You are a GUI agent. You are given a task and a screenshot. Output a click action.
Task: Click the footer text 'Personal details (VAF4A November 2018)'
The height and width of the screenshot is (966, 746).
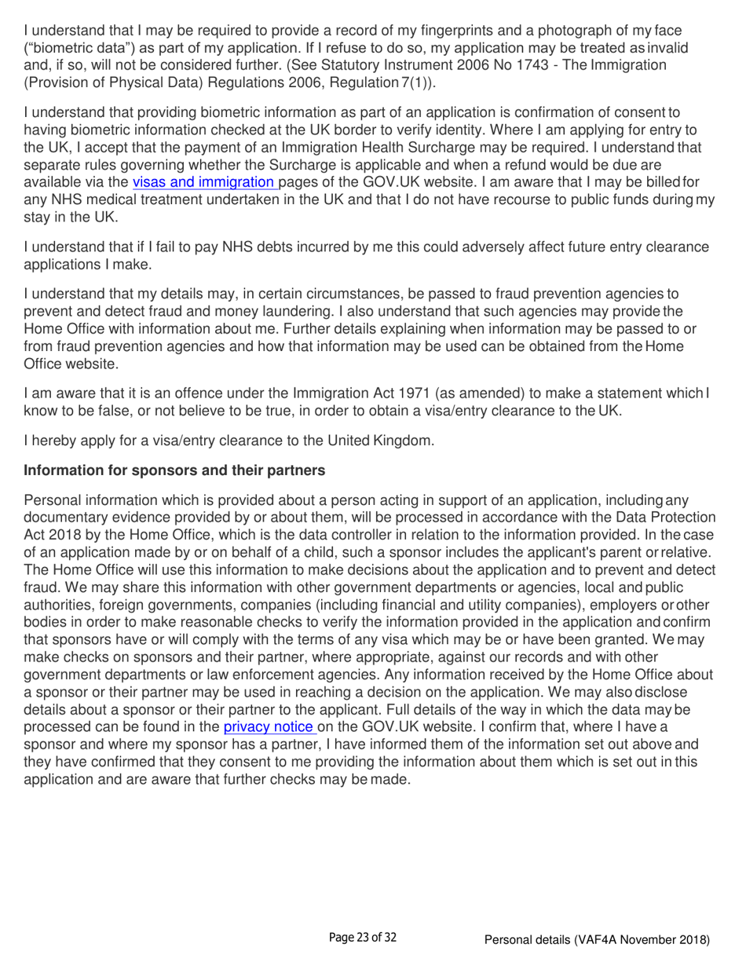[598, 939]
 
